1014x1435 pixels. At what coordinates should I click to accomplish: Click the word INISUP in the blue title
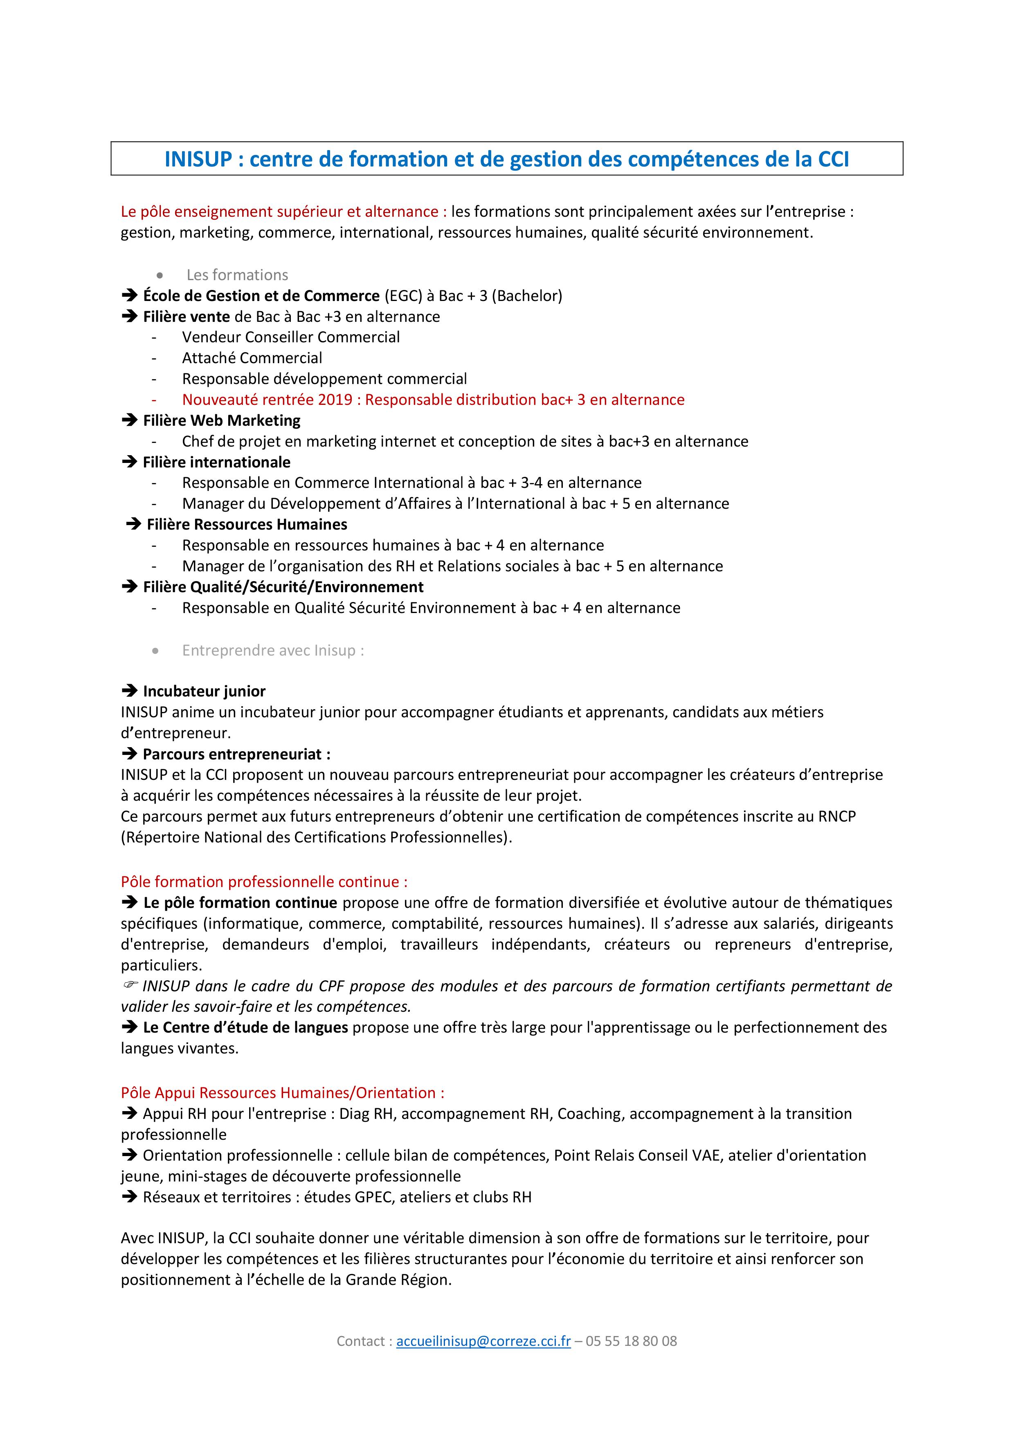click(x=198, y=159)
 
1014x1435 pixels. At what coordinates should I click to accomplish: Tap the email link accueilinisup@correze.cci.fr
click(x=483, y=1341)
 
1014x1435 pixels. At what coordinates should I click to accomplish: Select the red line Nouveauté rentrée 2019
click(x=433, y=400)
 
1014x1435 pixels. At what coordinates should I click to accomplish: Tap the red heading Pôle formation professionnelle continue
click(x=264, y=882)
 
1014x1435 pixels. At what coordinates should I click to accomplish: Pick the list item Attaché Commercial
click(x=252, y=358)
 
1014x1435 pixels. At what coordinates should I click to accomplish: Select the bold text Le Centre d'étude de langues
click(x=245, y=1028)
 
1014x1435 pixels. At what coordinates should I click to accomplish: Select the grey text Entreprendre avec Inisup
click(x=272, y=651)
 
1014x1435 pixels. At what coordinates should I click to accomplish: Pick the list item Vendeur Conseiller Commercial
click(x=291, y=337)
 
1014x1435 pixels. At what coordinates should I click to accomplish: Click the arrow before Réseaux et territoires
click(x=129, y=1197)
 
